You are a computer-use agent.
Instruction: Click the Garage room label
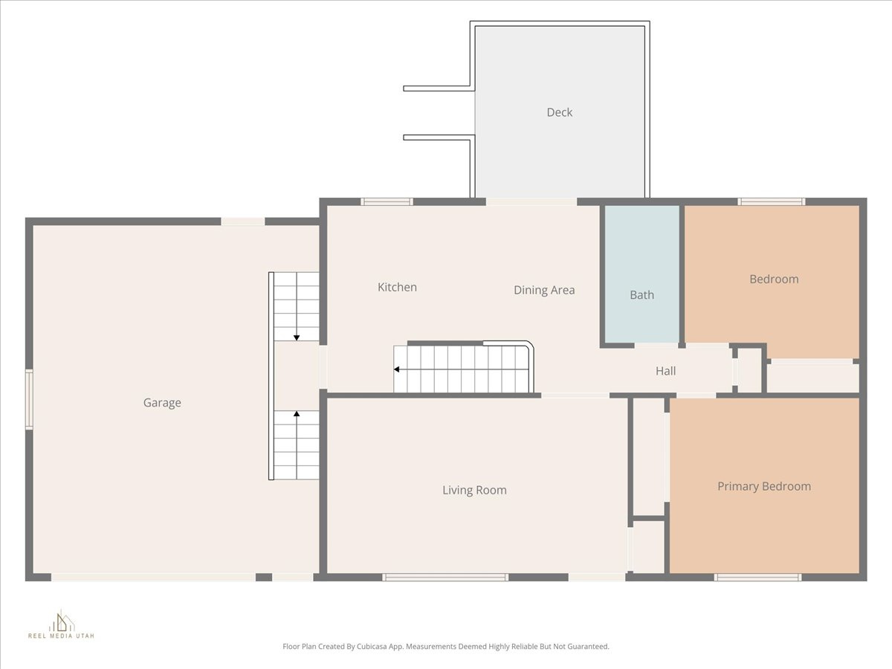(162, 403)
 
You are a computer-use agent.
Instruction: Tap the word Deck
(559, 112)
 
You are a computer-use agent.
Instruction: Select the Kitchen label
(397, 287)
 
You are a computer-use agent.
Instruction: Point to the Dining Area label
(544, 290)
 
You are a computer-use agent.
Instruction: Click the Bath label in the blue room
(641, 295)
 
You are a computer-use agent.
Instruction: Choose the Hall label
(665, 371)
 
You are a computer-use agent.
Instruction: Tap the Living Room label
(474, 490)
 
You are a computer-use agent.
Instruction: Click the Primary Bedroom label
(763, 486)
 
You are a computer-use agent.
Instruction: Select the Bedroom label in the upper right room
(774, 279)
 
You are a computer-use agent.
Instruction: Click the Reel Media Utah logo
(61, 624)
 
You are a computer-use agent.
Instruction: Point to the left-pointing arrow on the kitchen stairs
(398, 369)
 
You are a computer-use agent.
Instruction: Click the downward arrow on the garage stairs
(297, 337)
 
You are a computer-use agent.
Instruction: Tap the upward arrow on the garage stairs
(297, 414)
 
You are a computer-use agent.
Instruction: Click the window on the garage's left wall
(29, 400)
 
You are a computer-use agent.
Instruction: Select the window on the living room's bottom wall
(446, 577)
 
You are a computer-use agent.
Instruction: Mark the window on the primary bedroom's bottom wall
(758, 577)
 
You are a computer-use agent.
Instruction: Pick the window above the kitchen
(387, 201)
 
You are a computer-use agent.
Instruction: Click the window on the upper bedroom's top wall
(772, 201)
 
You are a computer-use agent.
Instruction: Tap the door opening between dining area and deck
(531, 201)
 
